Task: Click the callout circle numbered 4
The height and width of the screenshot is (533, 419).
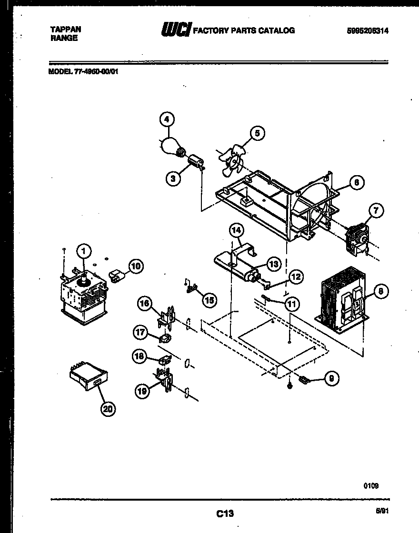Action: (x=167, y=119)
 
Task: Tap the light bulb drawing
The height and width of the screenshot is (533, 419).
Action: (x=170, y=146)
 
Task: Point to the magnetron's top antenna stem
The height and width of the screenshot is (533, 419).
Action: (x=85, y=275)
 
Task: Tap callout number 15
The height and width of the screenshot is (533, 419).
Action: (x=208, y=300)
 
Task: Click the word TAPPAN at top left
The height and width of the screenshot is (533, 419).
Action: (x=66, y=30)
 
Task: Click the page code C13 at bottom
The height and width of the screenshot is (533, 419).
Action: (x=225, y=513)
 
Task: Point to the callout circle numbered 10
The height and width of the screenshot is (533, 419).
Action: (x=136, y=266)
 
